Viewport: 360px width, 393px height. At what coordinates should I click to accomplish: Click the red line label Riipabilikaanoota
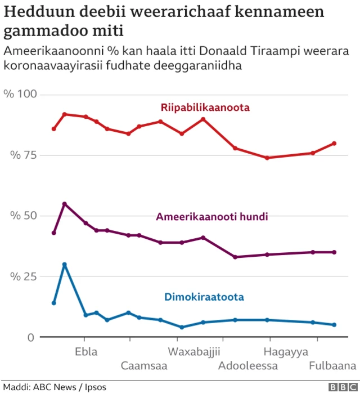[x=205, y=108]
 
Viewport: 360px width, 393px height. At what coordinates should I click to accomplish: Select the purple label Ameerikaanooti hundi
[x=211, y=217]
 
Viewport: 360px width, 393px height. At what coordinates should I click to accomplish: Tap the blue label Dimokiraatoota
[x=204, y=297]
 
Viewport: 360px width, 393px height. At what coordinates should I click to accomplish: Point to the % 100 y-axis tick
[x=20, y=94]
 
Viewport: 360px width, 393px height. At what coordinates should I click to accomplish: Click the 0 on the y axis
[x=31, y=337]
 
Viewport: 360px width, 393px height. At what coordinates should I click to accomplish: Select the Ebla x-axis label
[x=85, y=352]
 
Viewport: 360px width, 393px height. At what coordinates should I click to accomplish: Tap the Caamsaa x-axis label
[x=144, y=366]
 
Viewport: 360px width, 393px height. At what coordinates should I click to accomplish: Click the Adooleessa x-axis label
[x=248, y=366]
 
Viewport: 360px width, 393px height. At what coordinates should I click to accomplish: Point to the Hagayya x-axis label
[x=286, y=352]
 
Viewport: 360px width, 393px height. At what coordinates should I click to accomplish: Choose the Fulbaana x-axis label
[x=332, y=366]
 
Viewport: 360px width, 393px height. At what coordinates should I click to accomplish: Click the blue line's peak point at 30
[x=65, y=265]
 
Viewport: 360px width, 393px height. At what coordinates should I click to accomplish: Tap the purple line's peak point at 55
[x=65, y=204]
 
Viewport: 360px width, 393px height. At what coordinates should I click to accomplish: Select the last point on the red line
[x=334, y=143]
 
